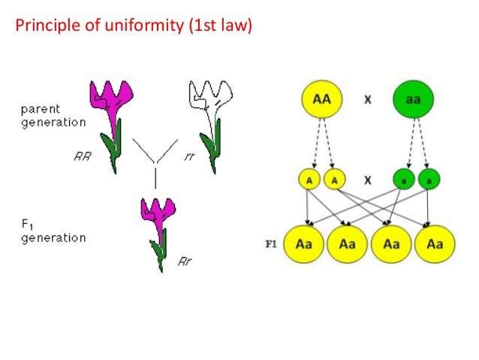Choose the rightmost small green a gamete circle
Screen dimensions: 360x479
(x=429, y=180)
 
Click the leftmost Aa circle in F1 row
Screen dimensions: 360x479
(x=304, y=244)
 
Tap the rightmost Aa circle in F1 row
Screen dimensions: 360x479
(x=435, y=244)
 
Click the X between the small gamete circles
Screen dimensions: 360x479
(x=369, y=180)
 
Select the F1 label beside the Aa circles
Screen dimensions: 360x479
(x=273, y=244)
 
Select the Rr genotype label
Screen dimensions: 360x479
(x=185, y=262)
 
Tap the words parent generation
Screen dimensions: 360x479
(x=53, y=116)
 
